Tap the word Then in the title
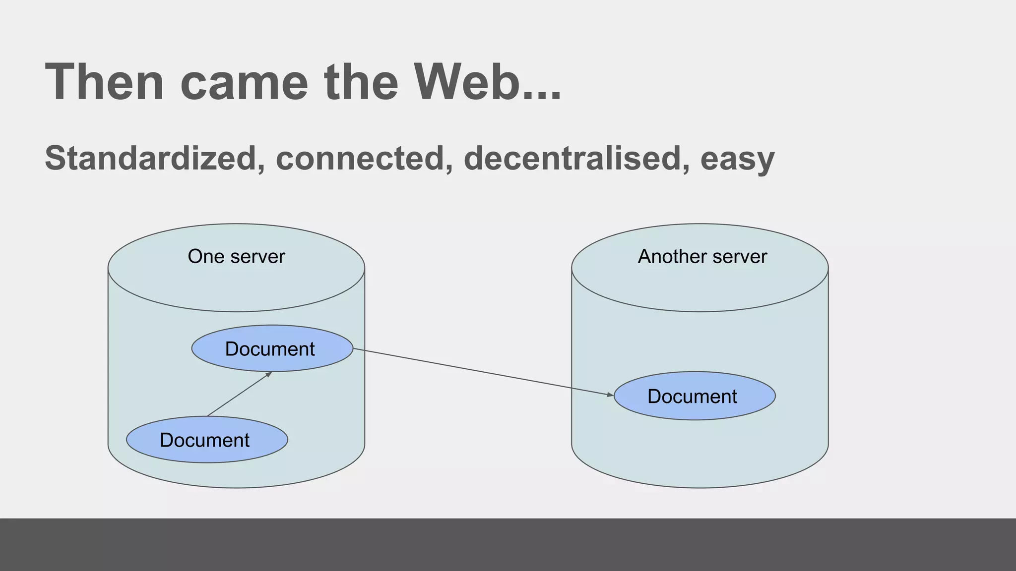coord(104,82)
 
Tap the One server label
coord(236,257)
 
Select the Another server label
coord(702,257)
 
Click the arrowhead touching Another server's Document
coord(611,395)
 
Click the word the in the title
coord(361,82)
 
